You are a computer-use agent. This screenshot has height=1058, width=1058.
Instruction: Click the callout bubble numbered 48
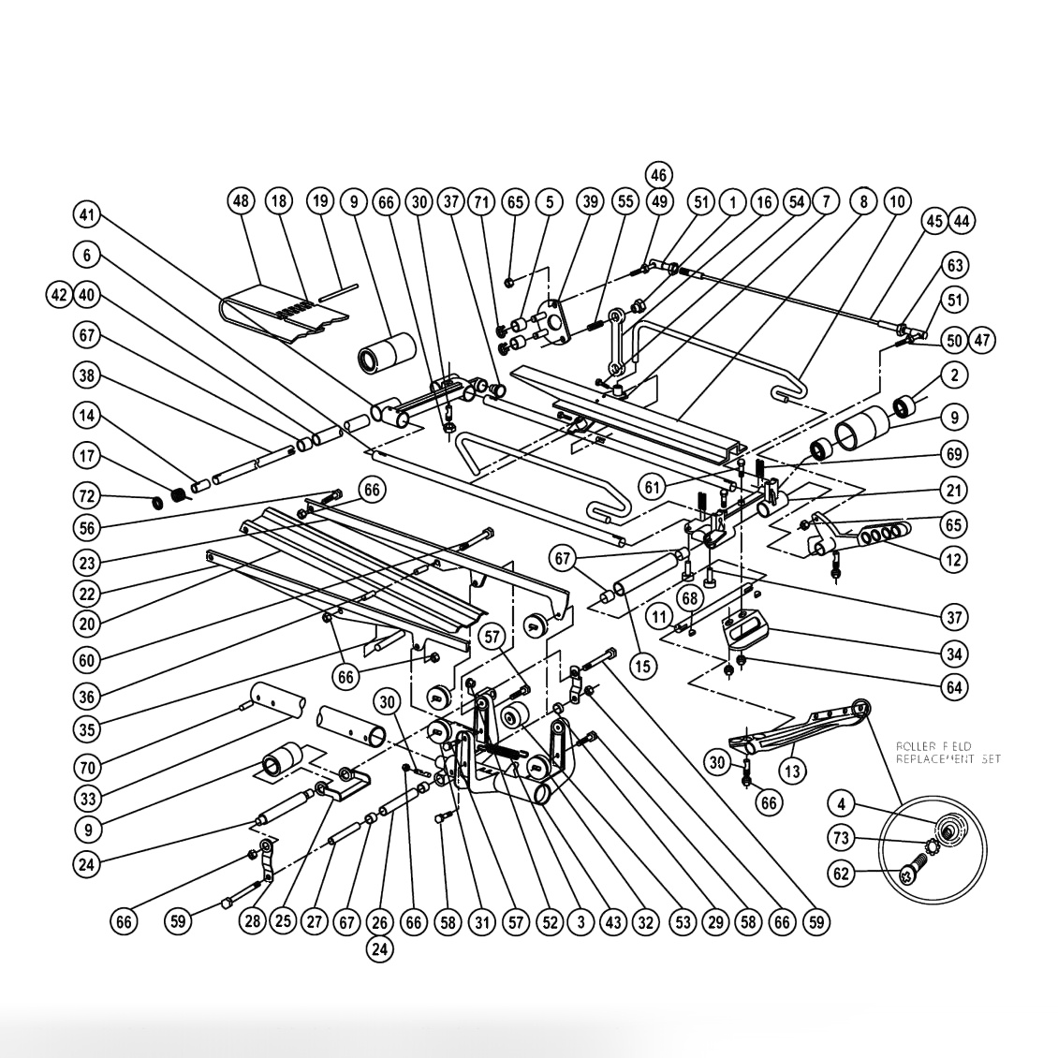pyautogui.click(x=242, y=200)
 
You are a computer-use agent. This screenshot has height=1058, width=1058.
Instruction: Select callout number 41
pyautogui.click(x=87, y=214)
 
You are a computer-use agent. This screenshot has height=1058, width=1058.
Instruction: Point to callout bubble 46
pyautogui.click(x=658, y=174)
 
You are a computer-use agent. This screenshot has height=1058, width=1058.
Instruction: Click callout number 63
pyautogui.click(x=955, y=266)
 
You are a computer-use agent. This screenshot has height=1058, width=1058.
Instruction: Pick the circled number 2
pyautogui.click(x=955, y=375)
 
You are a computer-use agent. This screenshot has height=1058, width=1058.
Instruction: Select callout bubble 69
pyautogui.click(x=955, y=454)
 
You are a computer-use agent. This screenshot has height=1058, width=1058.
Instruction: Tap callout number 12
pyautogui.click(x=955, y=560)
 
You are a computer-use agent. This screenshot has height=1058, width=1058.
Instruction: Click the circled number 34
pyautogui.click(x=955, y=654)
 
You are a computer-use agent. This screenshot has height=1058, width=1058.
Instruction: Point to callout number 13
pyautogui.click(x=793, y=771)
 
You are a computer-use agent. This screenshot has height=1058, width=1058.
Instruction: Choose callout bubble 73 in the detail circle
pyautogui.click(x=842, y=836)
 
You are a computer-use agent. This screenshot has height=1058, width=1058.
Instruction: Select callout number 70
pyautogui.click(x=87, y=766)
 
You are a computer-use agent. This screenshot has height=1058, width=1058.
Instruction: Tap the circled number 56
pyautogui.click(x=87, y=527)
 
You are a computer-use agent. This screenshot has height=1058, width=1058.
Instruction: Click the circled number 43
pyautogui.click(x=612, y=922)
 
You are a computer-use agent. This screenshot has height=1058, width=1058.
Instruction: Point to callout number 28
pyautogui.click(x=252, y=922)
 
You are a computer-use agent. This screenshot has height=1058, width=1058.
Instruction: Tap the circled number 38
pyautogui.click(x=87, y=375)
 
